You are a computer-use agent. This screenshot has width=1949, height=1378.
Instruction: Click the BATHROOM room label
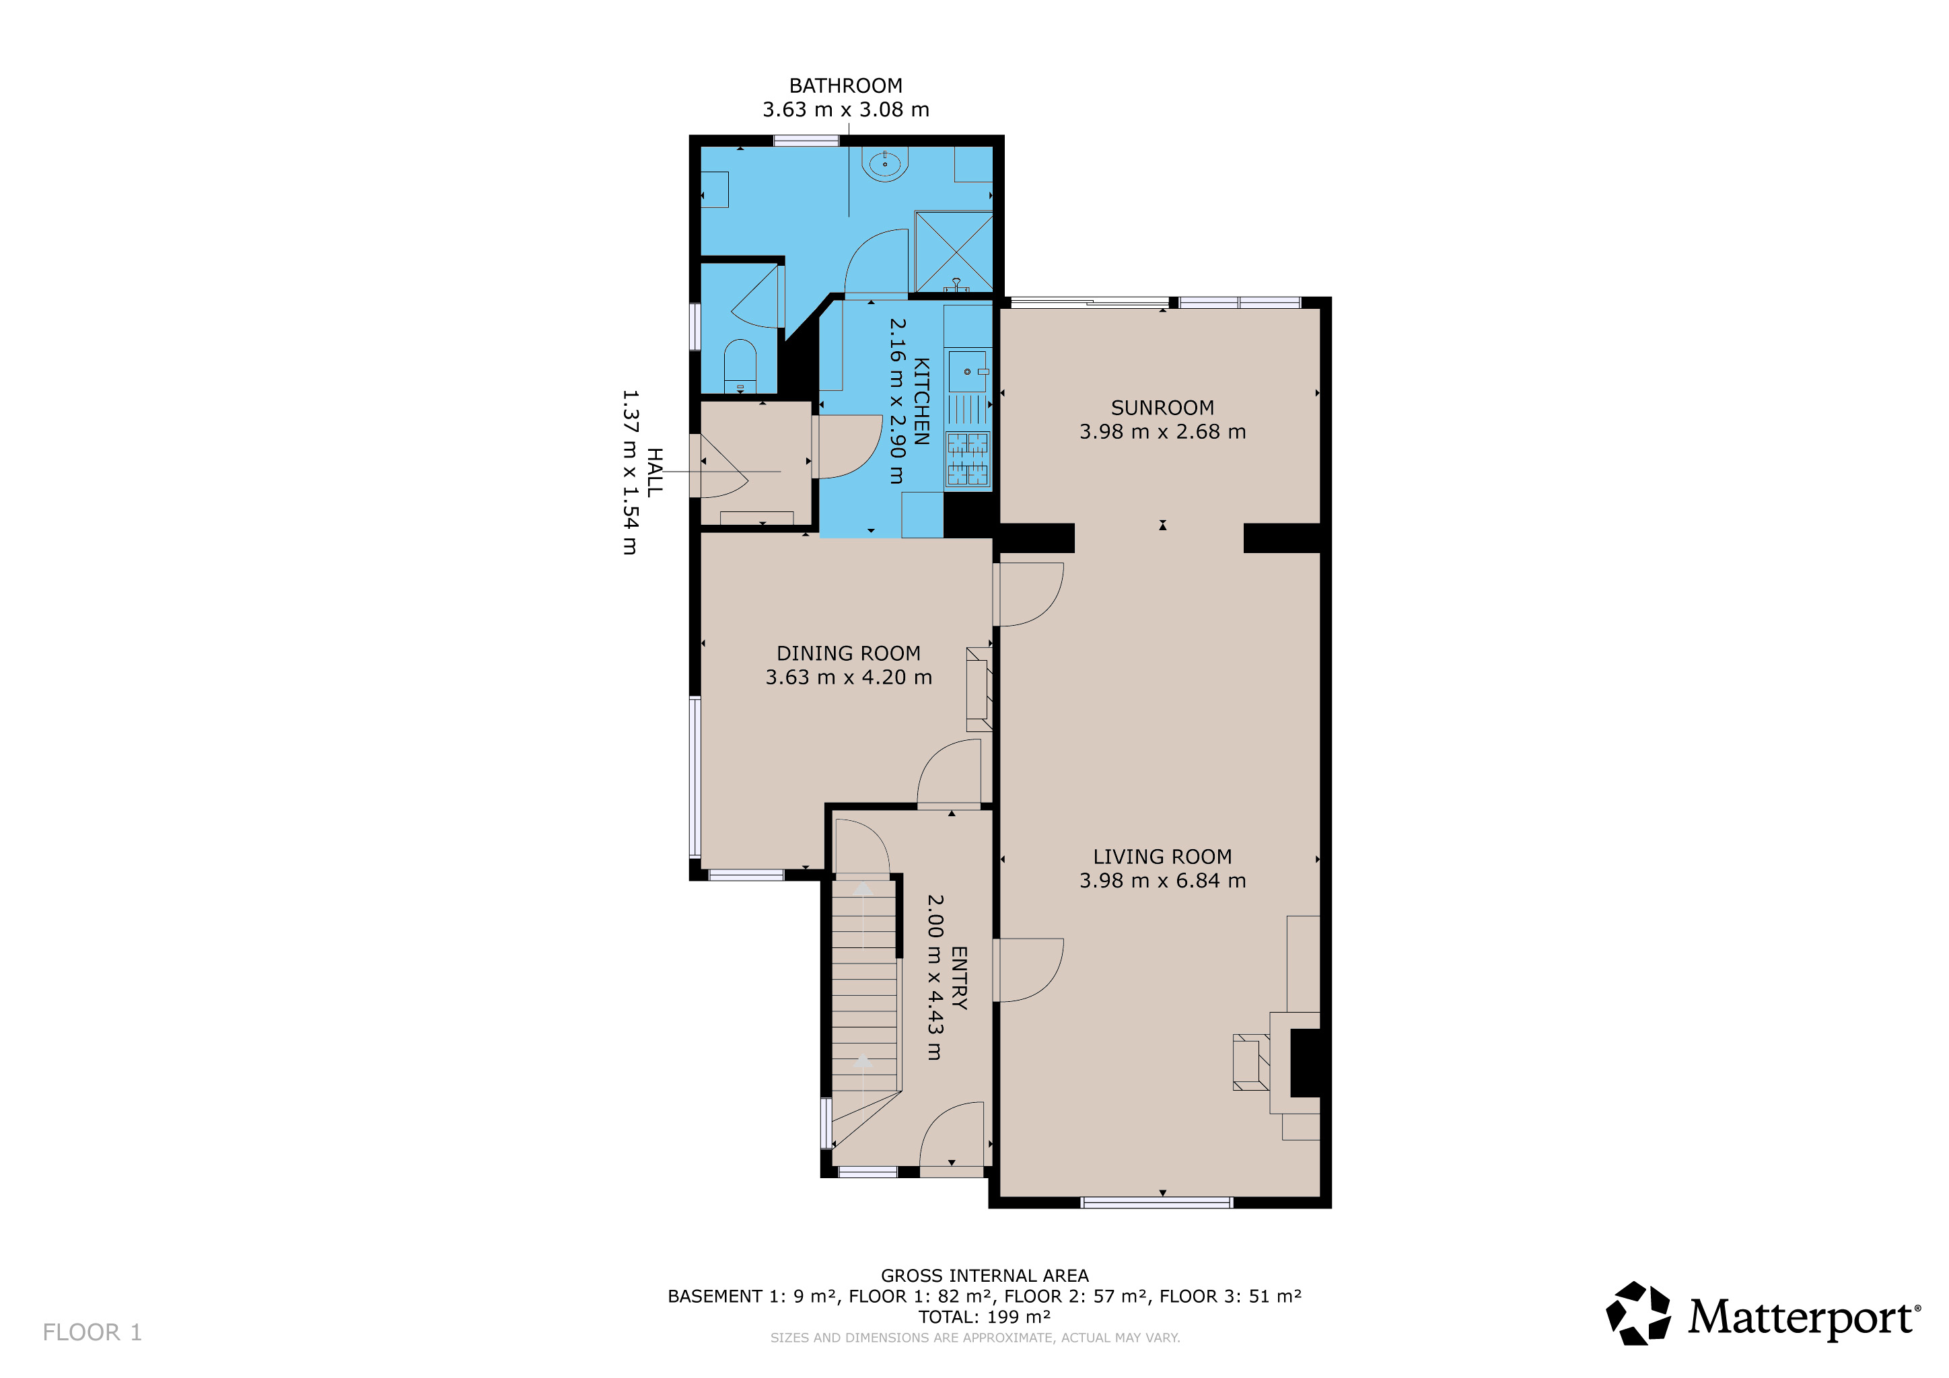[845, 85]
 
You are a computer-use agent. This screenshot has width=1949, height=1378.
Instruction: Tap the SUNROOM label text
[1162, 408]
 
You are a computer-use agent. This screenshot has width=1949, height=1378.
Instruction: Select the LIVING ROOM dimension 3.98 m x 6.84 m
[1162, 881]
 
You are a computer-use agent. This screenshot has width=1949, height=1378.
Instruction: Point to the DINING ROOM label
[848, 653]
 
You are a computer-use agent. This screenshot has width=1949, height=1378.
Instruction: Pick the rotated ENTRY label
[958, 978]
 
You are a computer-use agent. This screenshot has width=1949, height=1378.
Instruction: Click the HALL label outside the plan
[654, 472]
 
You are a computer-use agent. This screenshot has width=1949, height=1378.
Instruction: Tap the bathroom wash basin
[884, 164]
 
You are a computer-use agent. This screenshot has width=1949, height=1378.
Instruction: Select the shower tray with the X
[953, 251]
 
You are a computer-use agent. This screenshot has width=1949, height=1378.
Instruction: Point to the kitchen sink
[968, 371]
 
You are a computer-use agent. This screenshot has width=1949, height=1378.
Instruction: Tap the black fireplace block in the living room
[1306, 1062]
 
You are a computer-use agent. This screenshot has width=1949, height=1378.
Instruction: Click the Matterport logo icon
[1638, 1313]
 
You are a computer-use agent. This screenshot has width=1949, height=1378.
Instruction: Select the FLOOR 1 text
[92, 1332]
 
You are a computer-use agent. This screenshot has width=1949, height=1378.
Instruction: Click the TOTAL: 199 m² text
[985, 1317]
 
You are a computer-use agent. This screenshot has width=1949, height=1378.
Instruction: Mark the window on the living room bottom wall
[1156, 1202]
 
